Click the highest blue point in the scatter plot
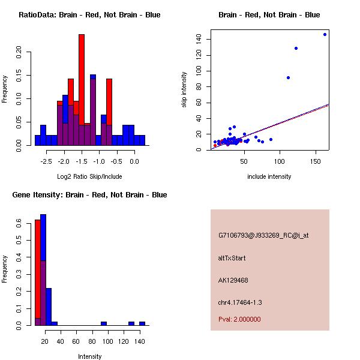tap(325, 34)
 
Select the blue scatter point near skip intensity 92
tap(288, 77)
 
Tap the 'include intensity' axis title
tap(269, 176)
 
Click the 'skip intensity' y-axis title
tap(184, 90)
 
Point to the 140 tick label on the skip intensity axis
tap(199, 39)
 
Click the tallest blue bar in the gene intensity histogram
tap(43, 270)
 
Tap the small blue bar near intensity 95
tap(104, 323)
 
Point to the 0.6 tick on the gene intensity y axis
tap(19, 223)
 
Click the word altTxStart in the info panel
tap(232, 258)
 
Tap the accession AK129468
tap(233, 280)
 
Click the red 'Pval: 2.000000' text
tap(239, 319)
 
